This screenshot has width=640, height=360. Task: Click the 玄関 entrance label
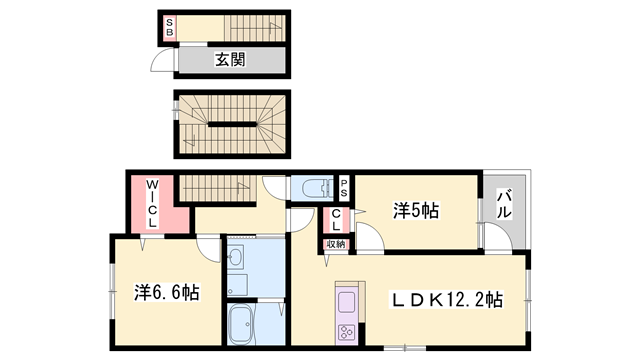point(231,60)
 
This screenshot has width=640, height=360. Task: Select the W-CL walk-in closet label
point(153,204)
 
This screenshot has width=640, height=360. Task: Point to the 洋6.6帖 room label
point(166,293)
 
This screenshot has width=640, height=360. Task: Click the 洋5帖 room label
point(416,211)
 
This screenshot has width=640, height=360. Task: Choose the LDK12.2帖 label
point(447,300)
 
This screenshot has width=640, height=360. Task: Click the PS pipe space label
point(343,185)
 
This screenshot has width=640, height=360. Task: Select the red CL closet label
point(336,221)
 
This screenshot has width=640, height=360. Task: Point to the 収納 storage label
point(335,244)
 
